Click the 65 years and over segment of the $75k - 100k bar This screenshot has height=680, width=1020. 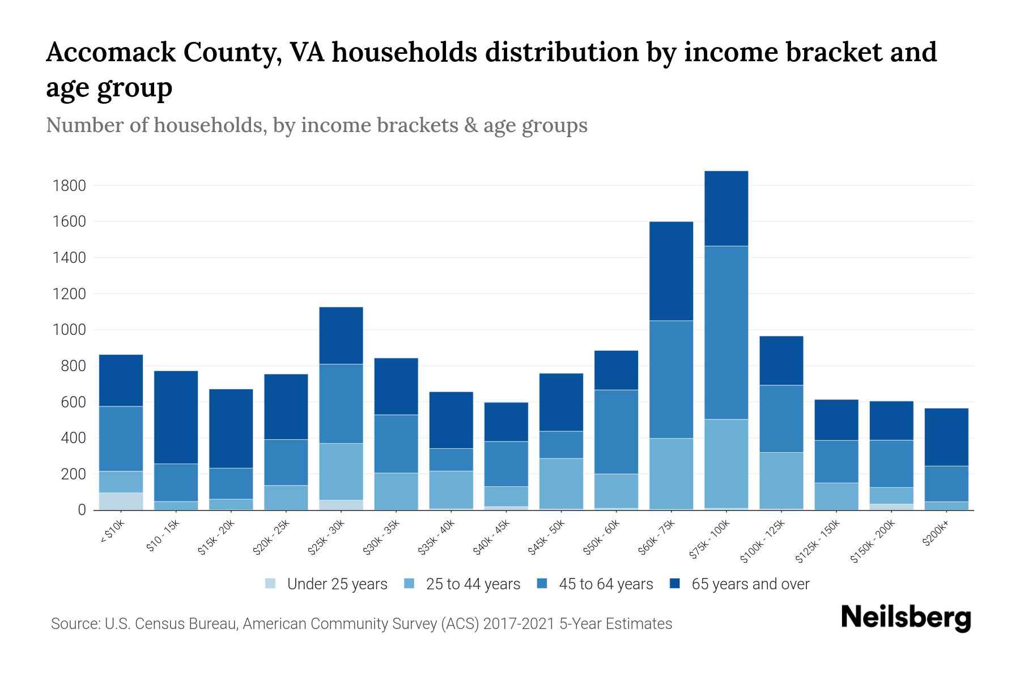(726, 209)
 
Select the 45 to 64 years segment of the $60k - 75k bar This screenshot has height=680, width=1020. (671, 380)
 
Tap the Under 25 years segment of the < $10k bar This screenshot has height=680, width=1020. (121, 501)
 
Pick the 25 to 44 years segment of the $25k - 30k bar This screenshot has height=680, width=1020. (341, 471)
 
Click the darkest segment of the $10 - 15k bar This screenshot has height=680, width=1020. (176, 417)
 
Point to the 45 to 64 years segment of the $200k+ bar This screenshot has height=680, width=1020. (946, 484)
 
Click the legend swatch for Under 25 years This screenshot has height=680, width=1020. (271, 584)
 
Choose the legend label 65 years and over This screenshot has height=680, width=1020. (750, 584)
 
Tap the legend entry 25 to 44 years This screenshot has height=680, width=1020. (473, 584)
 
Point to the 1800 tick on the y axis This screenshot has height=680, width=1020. (69, 186)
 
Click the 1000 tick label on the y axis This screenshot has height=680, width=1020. (69, 330)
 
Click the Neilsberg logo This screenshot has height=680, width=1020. (906, 618)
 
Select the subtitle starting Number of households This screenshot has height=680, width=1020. (316, 125)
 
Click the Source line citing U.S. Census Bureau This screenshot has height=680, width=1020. (361, 624)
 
